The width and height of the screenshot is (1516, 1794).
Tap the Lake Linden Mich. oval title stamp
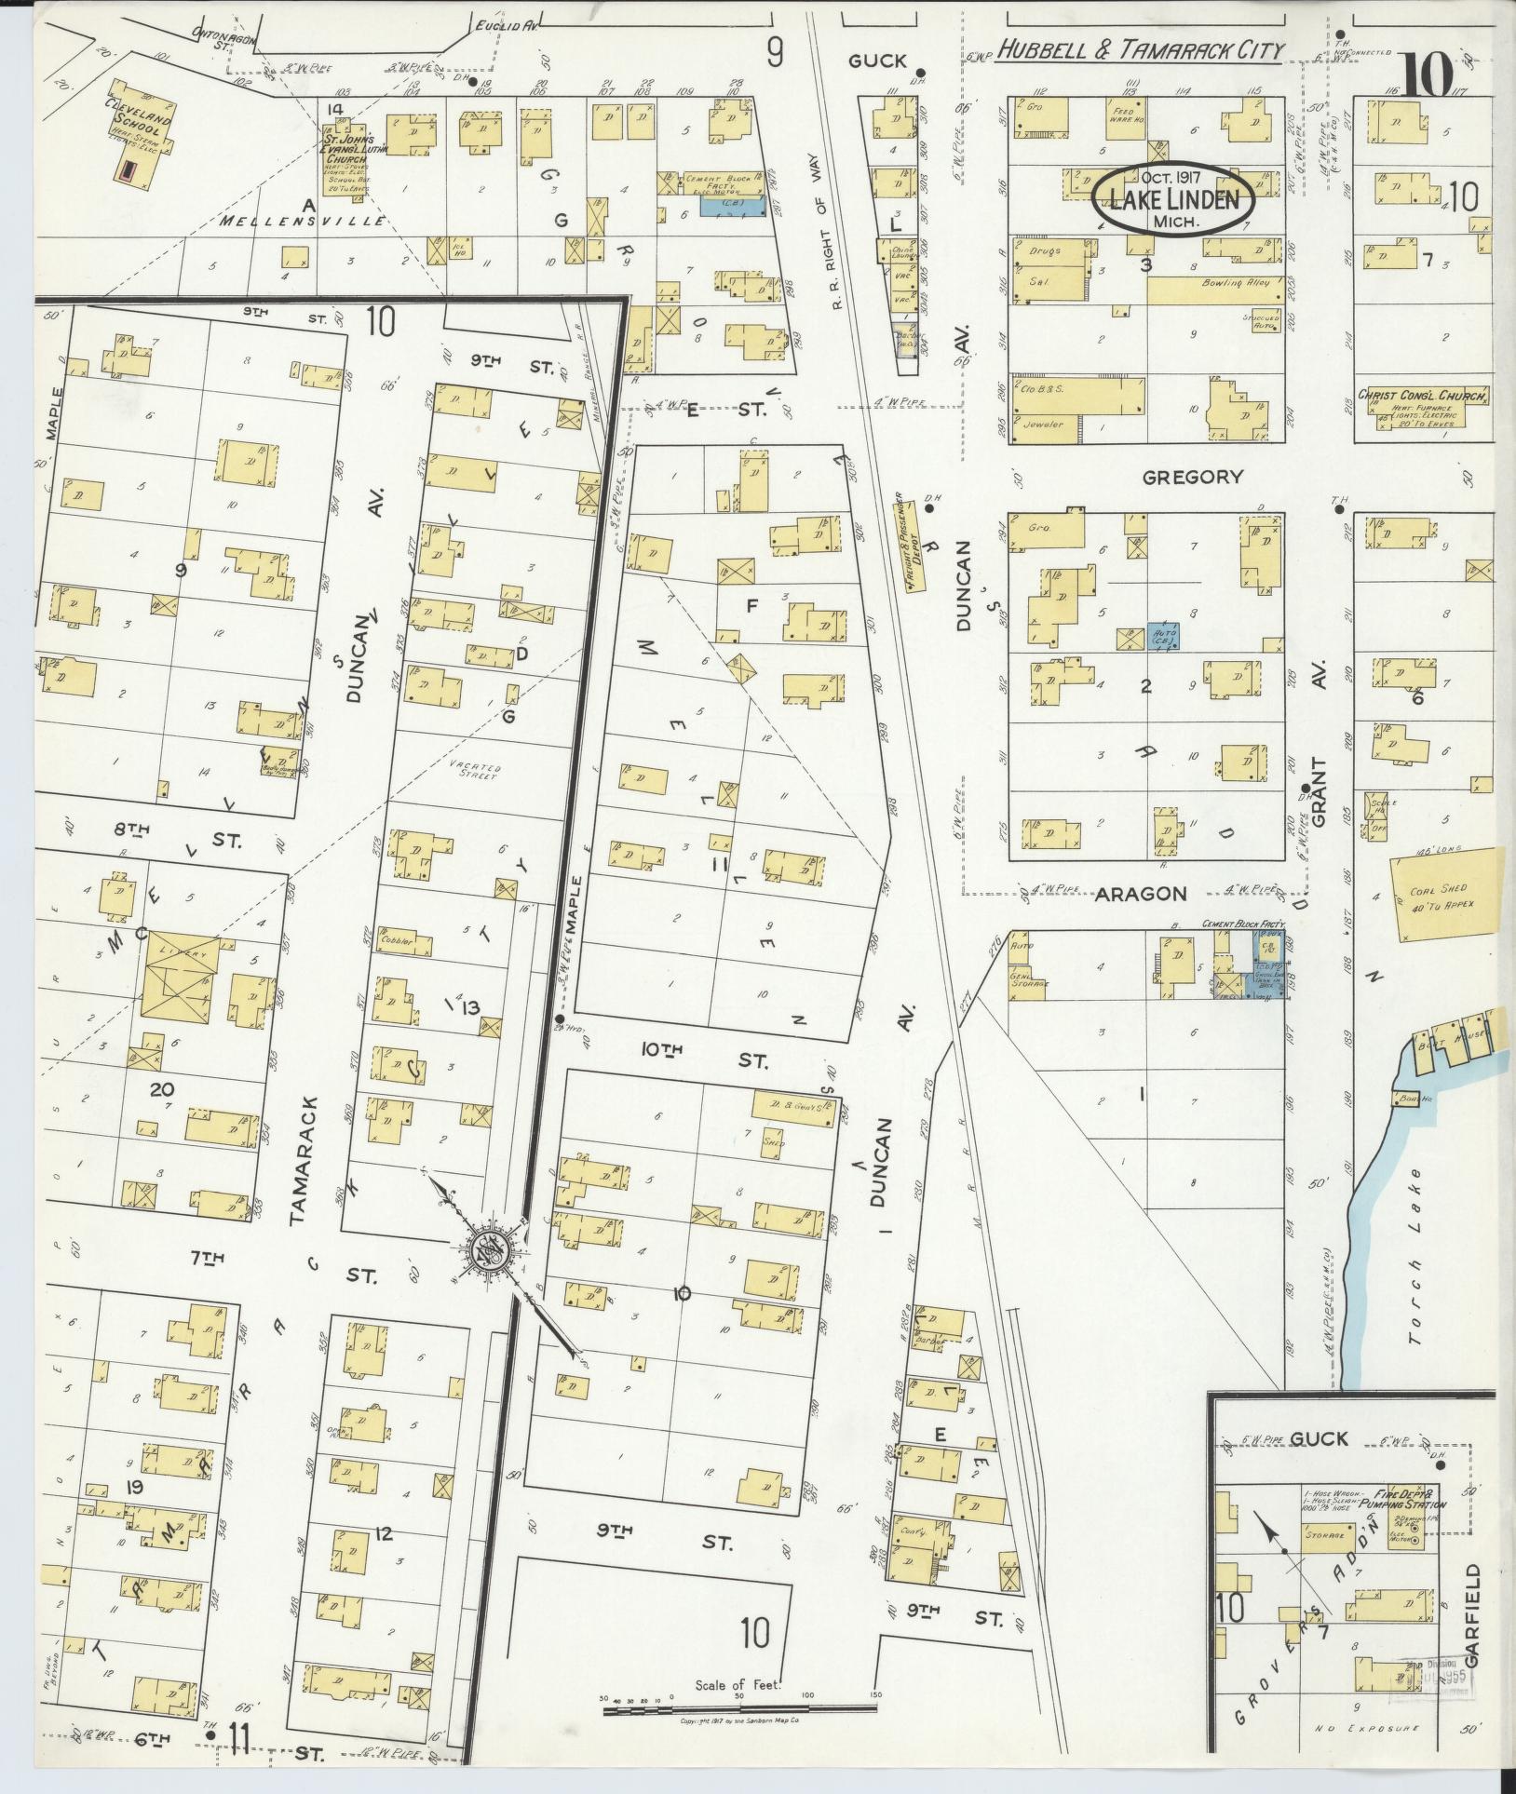pyautogui.click(x=1173, y=199)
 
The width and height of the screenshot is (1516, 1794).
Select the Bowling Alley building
pyautogui.click(x=1215, y=290)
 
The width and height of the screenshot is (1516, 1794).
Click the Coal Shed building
pyautogui.click(x=1443, y=895)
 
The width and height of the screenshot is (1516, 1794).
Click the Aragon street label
pyautogui.click(x=1140, y=894)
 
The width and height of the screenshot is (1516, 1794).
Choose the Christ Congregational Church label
pyautogui.click(x=1423, y=396)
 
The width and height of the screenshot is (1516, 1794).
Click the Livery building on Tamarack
pyautogui.click(x=181, y=973)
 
